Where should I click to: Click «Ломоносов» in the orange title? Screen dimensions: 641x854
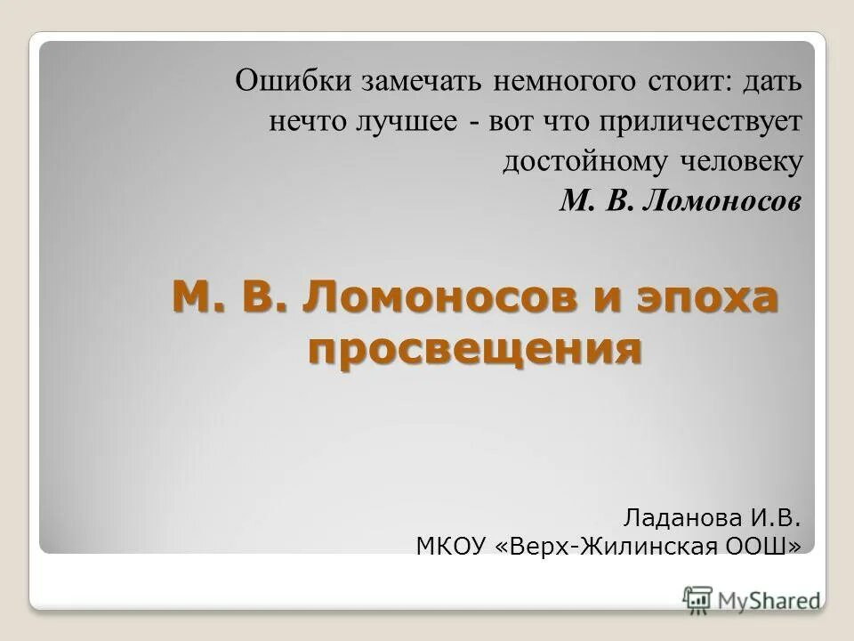point(437,296)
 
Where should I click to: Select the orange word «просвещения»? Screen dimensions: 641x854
point(474,348)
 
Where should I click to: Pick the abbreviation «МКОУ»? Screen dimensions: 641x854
point(448,545)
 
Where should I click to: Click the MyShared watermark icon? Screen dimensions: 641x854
point(697,599)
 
